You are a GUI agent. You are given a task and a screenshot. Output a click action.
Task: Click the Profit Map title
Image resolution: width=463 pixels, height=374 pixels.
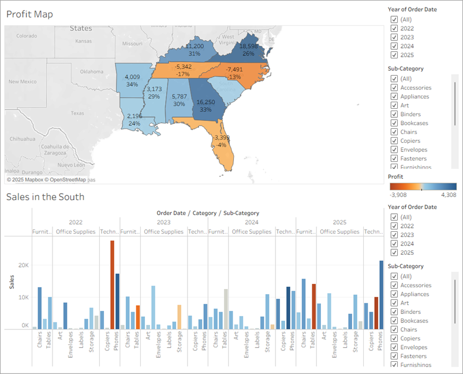click(29, 14)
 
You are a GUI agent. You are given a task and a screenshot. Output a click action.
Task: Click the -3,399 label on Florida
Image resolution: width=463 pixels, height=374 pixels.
click(221, 138)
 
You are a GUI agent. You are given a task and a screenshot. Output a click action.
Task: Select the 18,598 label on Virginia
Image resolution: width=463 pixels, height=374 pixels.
click(249, 46)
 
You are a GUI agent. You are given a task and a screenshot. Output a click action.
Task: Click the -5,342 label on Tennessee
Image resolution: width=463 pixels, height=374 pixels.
click(183, 67)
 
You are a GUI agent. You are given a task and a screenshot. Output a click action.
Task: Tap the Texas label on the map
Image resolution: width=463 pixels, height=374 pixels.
click(77, 113)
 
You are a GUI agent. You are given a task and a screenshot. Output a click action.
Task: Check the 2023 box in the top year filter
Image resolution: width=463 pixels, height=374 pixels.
click(394, 37)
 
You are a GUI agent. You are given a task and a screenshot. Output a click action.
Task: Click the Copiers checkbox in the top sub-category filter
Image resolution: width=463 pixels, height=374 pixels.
click(394, 140)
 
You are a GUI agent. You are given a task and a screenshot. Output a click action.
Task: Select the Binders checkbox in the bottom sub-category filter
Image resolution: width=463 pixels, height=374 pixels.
click(394, 312)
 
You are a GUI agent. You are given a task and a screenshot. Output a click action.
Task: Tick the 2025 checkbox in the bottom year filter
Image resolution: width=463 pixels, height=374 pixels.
click(394, 253)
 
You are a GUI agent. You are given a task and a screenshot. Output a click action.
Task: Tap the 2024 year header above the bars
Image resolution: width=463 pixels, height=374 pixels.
click(251, 221)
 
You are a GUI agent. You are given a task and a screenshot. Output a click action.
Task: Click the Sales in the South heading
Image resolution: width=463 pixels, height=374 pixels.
click(45, 197)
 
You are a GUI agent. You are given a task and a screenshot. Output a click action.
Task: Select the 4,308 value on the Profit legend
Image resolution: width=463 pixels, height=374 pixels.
click(448, 195)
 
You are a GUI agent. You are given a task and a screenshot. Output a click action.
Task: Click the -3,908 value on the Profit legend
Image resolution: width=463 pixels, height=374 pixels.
click(398, 195)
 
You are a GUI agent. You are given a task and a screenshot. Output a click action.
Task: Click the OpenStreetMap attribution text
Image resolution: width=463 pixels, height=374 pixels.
click(73, 180)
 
